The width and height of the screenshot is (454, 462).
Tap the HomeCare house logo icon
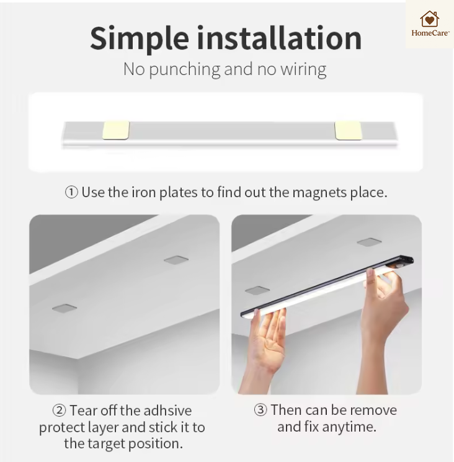pos(429,19)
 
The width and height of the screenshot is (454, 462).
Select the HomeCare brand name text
pos(430,33)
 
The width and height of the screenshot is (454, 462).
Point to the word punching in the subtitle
pos(185,70)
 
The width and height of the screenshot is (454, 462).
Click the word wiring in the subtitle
pos(303,70)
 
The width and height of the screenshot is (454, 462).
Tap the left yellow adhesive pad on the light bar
pos(116,130)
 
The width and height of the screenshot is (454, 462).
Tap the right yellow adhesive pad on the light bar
pos(348,130)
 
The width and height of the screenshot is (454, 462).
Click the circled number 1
pos(71,192)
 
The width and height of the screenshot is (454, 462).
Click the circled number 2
pos(59,410)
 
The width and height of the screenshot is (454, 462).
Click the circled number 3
pos(260,410)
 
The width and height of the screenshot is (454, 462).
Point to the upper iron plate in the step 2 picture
pos(176,260)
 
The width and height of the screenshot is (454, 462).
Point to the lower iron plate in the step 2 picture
pos(65,308)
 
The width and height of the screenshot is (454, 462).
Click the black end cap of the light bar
pos(406,260)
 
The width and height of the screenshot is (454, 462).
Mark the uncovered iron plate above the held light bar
pos(369,242)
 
